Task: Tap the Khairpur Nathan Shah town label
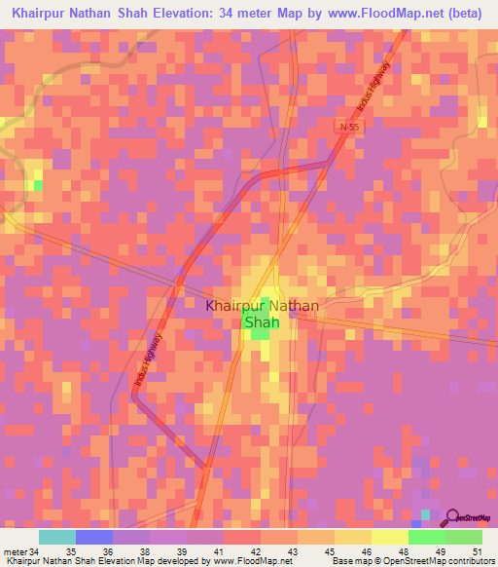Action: pyautogui.click(x=261, y=313)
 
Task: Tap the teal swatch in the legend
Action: pyautogui.click(x=57, y=537)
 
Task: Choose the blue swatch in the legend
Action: pyautogui.click(x=94, y=537)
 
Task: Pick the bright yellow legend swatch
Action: pyautogui.click(x=390, y=537)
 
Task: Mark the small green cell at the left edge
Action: pyautogui.click(x=38, y=184)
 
